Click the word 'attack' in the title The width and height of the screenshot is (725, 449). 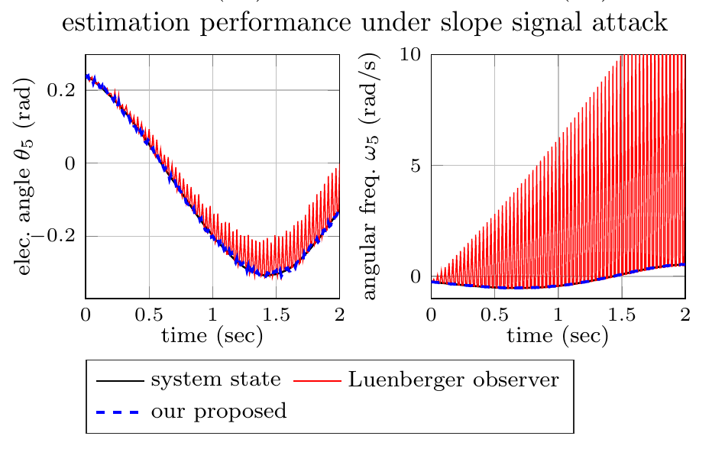(630, 23)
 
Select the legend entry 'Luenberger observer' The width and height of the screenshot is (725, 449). (454, 380)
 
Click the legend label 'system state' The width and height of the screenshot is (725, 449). (215, 380)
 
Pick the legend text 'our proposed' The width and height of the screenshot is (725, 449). (219, 412)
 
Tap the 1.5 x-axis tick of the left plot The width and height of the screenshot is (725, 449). (276, 312)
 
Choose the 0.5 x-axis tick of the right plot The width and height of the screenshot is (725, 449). (495, 312)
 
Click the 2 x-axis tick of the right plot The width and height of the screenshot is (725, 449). (685, 312)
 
